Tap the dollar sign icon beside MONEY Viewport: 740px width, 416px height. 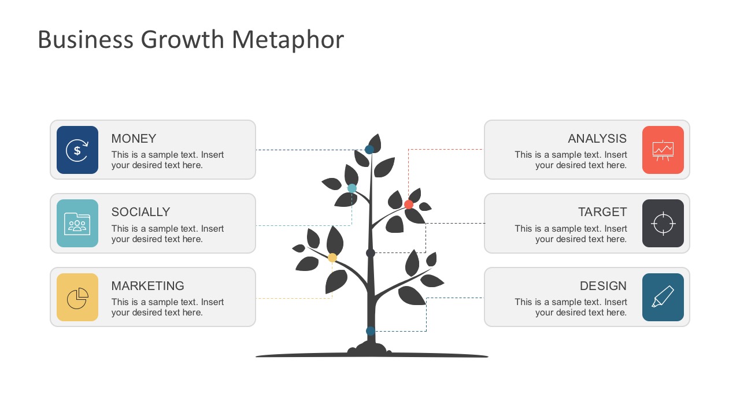77,150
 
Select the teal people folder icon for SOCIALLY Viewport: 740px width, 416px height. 77,224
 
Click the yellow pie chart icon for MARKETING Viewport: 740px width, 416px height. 77,298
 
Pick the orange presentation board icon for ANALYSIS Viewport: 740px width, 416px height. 663,150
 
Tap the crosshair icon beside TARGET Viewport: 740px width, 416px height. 663,224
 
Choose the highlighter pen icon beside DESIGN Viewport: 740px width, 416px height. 663,298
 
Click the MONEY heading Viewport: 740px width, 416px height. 134,139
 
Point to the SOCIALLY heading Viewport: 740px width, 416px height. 140,212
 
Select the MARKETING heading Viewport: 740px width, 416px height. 147,286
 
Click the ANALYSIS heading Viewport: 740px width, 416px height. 597,139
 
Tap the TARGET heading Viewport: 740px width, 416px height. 602,212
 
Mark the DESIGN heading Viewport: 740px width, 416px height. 603,286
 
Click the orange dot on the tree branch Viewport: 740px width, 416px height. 409,205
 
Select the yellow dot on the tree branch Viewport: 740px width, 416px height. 332,258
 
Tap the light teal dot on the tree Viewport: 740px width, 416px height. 351,188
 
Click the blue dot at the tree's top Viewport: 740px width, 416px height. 369,150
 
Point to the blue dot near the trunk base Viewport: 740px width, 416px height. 371,331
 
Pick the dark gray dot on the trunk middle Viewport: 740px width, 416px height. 371,253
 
